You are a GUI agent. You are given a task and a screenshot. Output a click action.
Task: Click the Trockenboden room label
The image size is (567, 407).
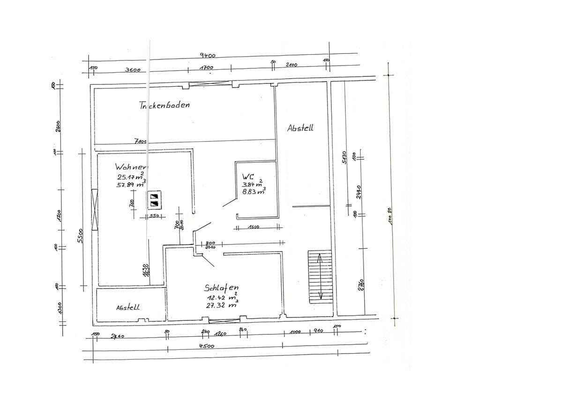(164, 105)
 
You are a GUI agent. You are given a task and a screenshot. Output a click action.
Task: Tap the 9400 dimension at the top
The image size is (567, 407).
(208, 55)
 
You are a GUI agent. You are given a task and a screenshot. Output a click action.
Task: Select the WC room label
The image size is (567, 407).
(248, 177)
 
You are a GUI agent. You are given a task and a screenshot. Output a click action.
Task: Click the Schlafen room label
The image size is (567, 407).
(221, 288)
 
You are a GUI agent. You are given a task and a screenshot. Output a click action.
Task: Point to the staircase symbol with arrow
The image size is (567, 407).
(320, 276)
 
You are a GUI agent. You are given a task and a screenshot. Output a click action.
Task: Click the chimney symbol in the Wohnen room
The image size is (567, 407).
(154, 200)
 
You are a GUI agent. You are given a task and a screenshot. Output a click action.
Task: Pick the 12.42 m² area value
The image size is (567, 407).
(221, 297)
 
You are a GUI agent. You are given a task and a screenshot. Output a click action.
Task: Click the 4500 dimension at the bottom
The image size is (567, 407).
(207, 346)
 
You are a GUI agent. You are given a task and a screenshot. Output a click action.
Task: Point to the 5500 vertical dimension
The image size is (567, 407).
(80, 235)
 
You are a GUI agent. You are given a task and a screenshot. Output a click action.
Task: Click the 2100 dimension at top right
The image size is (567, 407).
(291, 65)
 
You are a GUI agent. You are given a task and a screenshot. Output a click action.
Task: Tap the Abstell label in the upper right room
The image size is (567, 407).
(300, 128)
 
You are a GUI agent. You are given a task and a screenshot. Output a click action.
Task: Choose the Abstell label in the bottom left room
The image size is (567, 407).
(127, 308)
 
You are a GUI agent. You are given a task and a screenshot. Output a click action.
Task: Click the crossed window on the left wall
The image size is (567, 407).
(95, 210)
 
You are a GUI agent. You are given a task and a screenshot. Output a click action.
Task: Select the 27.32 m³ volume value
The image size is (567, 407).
(219, 305)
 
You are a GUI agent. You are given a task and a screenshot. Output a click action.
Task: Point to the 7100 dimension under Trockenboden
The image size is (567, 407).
(141, 141)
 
